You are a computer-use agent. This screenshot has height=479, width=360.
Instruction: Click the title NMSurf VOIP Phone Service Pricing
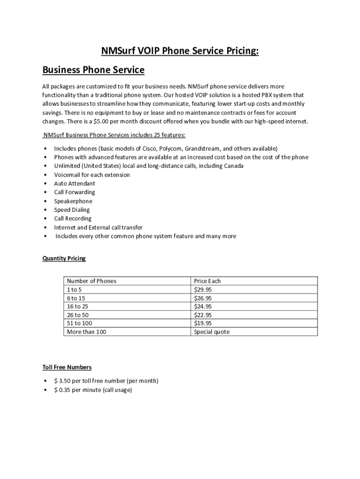coord(180,51)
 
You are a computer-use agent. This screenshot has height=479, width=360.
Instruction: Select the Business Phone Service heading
coord(94,70)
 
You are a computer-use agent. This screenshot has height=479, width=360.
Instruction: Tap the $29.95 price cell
coord(203,290)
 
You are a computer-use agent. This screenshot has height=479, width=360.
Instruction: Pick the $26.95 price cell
coord(203,298)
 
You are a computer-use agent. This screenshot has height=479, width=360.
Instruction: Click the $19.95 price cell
coord(203,323)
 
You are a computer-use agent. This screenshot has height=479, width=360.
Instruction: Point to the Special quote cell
coord(212,332)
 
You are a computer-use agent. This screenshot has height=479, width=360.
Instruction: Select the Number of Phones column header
coord(92,281)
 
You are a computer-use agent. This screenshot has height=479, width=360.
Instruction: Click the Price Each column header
coord(207,281)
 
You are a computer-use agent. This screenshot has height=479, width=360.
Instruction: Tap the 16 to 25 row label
coord(78,306)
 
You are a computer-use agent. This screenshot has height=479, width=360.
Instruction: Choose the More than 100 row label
coord(86,332)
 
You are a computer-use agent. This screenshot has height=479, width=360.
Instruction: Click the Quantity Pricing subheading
coord(64,258)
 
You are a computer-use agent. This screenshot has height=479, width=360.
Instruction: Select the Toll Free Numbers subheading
coord(67,367)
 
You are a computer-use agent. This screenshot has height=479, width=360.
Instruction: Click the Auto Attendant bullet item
coord(74,183)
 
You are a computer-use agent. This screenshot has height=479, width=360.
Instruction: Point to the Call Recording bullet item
coord(72,218)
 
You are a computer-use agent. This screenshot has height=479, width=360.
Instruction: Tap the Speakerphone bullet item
coord(73,201)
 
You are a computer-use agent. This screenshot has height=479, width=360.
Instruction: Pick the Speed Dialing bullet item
coord(72,210)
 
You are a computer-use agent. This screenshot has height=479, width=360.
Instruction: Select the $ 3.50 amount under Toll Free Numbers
coord(62,381)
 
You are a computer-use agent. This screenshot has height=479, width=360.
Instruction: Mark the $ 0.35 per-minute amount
coord(62,390)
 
